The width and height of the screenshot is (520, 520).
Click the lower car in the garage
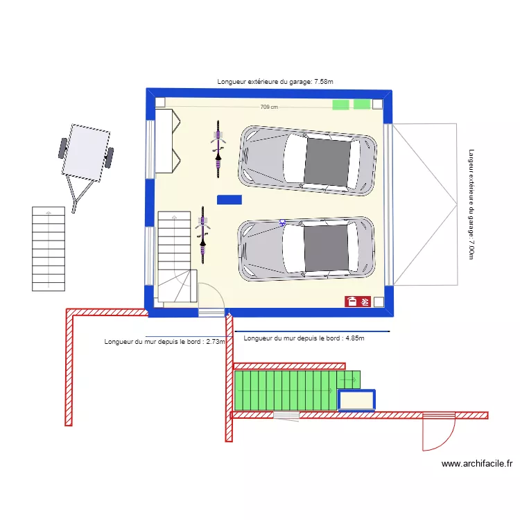tap(306, 248)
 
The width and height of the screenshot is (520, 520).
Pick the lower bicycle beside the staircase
tap(202, 234)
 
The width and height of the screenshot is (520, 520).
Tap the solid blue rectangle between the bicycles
tap(229, 200)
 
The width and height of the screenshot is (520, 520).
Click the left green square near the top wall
tap(340, 105)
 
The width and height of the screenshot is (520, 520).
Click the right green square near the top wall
tap(362, 104)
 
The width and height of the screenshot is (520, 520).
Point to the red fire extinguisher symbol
tap(352, 301)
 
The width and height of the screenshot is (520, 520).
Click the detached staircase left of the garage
tap(49, 248)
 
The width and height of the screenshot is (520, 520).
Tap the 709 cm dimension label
tap(269, 107)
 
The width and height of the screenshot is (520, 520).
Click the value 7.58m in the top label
tap(323, 82)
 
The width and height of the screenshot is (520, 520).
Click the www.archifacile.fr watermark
tap(476, 464)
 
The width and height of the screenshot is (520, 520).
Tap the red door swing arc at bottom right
tap(441, 433)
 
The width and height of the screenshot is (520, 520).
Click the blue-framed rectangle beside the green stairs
tap(356, 400)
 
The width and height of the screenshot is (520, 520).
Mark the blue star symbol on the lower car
tap(282, 223)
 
